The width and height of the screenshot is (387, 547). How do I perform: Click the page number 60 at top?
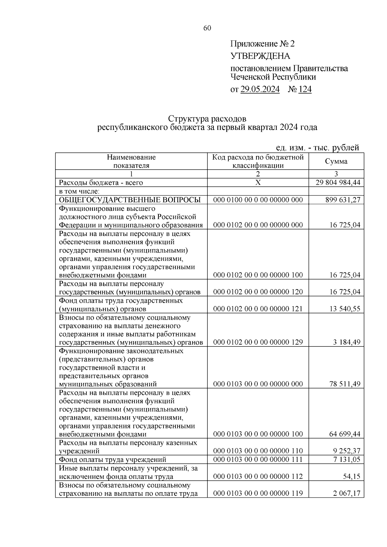(x=207, y=28)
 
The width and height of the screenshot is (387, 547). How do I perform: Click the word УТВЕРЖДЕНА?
(x=260, y=56)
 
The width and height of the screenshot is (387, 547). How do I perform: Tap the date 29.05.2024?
(x=260, y=89)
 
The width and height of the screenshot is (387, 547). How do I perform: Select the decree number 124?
(x=305, y=89)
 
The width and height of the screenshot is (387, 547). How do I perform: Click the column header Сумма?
(x=336, y=161)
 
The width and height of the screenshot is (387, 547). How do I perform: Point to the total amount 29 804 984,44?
(x=338, y=183)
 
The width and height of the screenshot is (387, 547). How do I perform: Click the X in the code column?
(x=258, y=183)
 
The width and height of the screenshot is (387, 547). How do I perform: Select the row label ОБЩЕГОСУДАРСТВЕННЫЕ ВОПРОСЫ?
(x=130, y=200)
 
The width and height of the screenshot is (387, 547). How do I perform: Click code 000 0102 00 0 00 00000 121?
(x=258, y=309)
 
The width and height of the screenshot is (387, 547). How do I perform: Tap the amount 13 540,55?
(x=344, y=309)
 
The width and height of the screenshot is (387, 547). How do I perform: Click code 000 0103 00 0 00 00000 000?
(x=258, y=384)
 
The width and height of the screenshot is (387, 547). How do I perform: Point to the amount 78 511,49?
(x=344, y=384)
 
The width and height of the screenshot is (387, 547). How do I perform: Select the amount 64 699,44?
(x=344, y=434)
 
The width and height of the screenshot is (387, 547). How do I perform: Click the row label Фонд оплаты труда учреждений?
(x=113, y=459)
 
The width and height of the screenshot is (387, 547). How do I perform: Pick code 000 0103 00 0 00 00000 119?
(x=258, y=493)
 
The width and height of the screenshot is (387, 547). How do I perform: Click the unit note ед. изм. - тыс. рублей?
(x=317, y=148)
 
